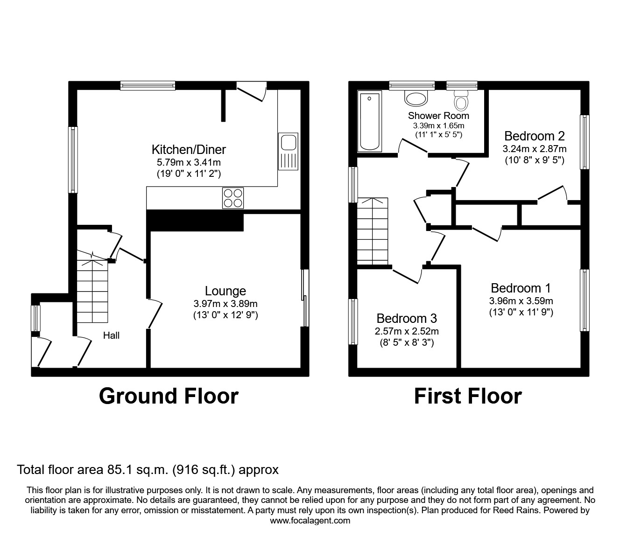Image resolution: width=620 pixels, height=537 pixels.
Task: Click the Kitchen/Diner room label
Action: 189,149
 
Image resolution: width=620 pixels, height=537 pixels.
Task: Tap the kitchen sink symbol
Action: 288,152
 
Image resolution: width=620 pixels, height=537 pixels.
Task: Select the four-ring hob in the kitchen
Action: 233,198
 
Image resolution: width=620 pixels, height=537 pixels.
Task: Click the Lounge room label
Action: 225,291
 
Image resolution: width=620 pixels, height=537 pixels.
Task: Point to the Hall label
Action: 111,335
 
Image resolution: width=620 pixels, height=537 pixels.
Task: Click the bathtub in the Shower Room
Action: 369,121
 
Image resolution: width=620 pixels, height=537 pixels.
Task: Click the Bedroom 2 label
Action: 535,136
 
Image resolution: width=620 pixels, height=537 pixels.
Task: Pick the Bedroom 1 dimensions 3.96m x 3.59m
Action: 521,301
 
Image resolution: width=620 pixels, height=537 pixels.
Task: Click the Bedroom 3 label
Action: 407,319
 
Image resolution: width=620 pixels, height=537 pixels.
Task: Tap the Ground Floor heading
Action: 169,396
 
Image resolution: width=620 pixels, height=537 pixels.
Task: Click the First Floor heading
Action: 468,396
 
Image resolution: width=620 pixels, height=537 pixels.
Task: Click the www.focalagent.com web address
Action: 310,521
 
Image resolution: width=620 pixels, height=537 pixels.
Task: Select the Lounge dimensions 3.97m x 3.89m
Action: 225,303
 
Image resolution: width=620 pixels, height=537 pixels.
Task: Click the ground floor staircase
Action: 92,292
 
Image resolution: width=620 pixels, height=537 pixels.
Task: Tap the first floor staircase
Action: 373,231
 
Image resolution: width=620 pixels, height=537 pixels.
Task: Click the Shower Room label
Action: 438,116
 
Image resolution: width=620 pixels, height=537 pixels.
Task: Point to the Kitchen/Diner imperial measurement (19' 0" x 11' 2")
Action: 189,174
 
